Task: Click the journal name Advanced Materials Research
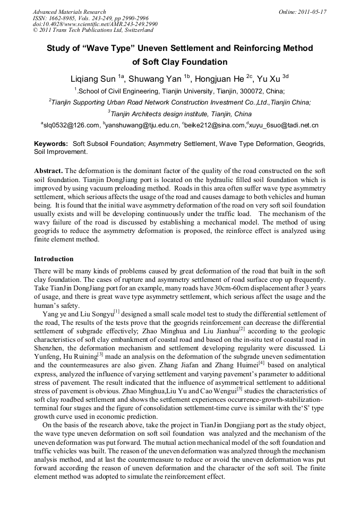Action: pyautogui.click(x=69, y=12)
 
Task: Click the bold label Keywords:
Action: pyautogui.click(x=51, y=144)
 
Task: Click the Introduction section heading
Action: pyautogui.click(x=54, y=259)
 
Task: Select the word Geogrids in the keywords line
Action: pyautogui.click(x=311, y=144)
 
